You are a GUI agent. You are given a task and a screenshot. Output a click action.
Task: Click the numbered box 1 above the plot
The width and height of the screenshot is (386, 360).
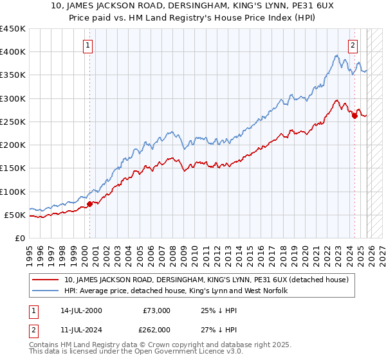pyautogui.click(x=87, y=45)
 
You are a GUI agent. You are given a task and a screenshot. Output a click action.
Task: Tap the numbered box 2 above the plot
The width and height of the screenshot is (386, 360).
pyautogui.click(x=353, y=45)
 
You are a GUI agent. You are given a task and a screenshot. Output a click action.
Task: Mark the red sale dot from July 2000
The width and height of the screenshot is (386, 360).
pyautogui.click(x=89, y=204)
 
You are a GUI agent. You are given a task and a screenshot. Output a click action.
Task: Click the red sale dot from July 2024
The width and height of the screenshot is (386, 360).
pyautogui.click(x=354, y=116)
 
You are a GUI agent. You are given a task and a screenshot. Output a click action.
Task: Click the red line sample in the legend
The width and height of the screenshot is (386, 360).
pyautogui.click(x=46, y=280)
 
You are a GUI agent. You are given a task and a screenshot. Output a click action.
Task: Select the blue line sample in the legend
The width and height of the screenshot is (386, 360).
pyautogui.click(x=46, y=291)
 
